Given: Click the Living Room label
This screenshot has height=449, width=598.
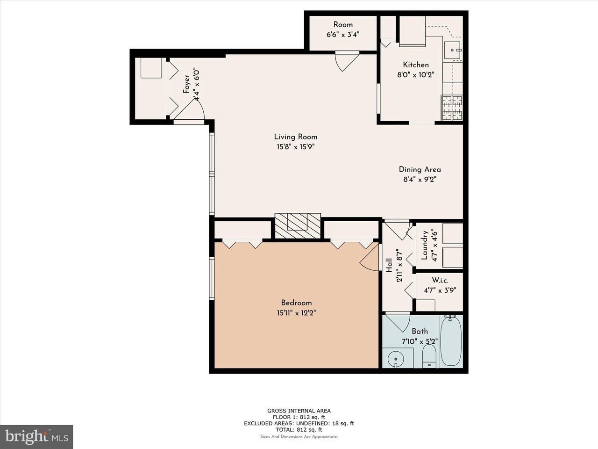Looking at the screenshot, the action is pyautogui.click(x=296, y=137).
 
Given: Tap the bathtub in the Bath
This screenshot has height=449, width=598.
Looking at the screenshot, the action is pyautogui.click(x=451, y=341).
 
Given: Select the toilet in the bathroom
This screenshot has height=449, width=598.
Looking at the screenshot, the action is pyautogui.click(x=430, y=356).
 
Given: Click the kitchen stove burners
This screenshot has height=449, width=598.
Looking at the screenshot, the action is pyautogui.click(x=452, y=108).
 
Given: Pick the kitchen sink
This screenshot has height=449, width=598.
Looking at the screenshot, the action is pyautogui.click(x=452, y=50).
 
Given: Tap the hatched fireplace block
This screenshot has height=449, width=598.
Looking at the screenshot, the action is pyautogui.click(x=298, y=226).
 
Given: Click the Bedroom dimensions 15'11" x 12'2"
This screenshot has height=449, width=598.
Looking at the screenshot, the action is pyautogui.click(x=296, y=312).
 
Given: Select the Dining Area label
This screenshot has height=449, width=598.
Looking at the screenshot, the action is pyautogui.click(x=420, y=169).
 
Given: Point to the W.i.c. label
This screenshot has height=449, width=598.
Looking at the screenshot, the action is pyautogui.click(x=440, y=280).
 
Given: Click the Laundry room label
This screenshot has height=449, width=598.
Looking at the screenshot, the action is pyautogui.click(x=424, y=245).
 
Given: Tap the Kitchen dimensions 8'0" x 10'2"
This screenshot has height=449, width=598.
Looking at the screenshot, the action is pyautogui.click(x=416, y=75).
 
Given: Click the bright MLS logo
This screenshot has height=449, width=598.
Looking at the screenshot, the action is pyautogui.click(x=36, y=437).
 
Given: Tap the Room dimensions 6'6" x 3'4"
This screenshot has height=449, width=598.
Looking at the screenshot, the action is pyautogui.click(x=343, y=35).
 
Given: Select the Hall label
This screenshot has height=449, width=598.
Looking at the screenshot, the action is pyautogui.click(x=389, y=265).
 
